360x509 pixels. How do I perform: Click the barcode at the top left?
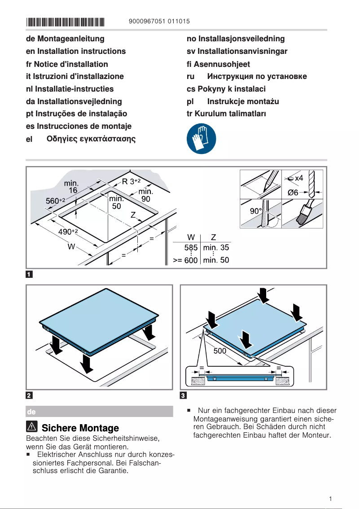tap(65, 21)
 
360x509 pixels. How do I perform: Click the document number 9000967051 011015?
tap(159, 21)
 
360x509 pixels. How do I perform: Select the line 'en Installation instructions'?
tap(76, 51)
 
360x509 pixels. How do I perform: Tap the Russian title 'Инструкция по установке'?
tap(257, 76)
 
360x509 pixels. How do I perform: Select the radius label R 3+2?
tap(132, 181)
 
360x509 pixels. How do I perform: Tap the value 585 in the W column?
tap(191, 247)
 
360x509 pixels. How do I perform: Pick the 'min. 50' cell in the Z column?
tap(216, 260)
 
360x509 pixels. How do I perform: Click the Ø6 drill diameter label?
tap(293, 193)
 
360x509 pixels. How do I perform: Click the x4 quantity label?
tap(299, 178)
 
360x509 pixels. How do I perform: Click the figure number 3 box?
tap(183, 395)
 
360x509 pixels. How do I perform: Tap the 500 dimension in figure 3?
tap(220, 351)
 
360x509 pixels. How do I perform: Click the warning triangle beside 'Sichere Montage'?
tap(32, 428)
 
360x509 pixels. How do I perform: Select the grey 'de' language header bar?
tap(99, 412)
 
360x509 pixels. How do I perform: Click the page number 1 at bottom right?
tap(330, 499)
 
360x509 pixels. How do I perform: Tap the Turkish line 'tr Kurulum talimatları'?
tap(226, 114)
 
